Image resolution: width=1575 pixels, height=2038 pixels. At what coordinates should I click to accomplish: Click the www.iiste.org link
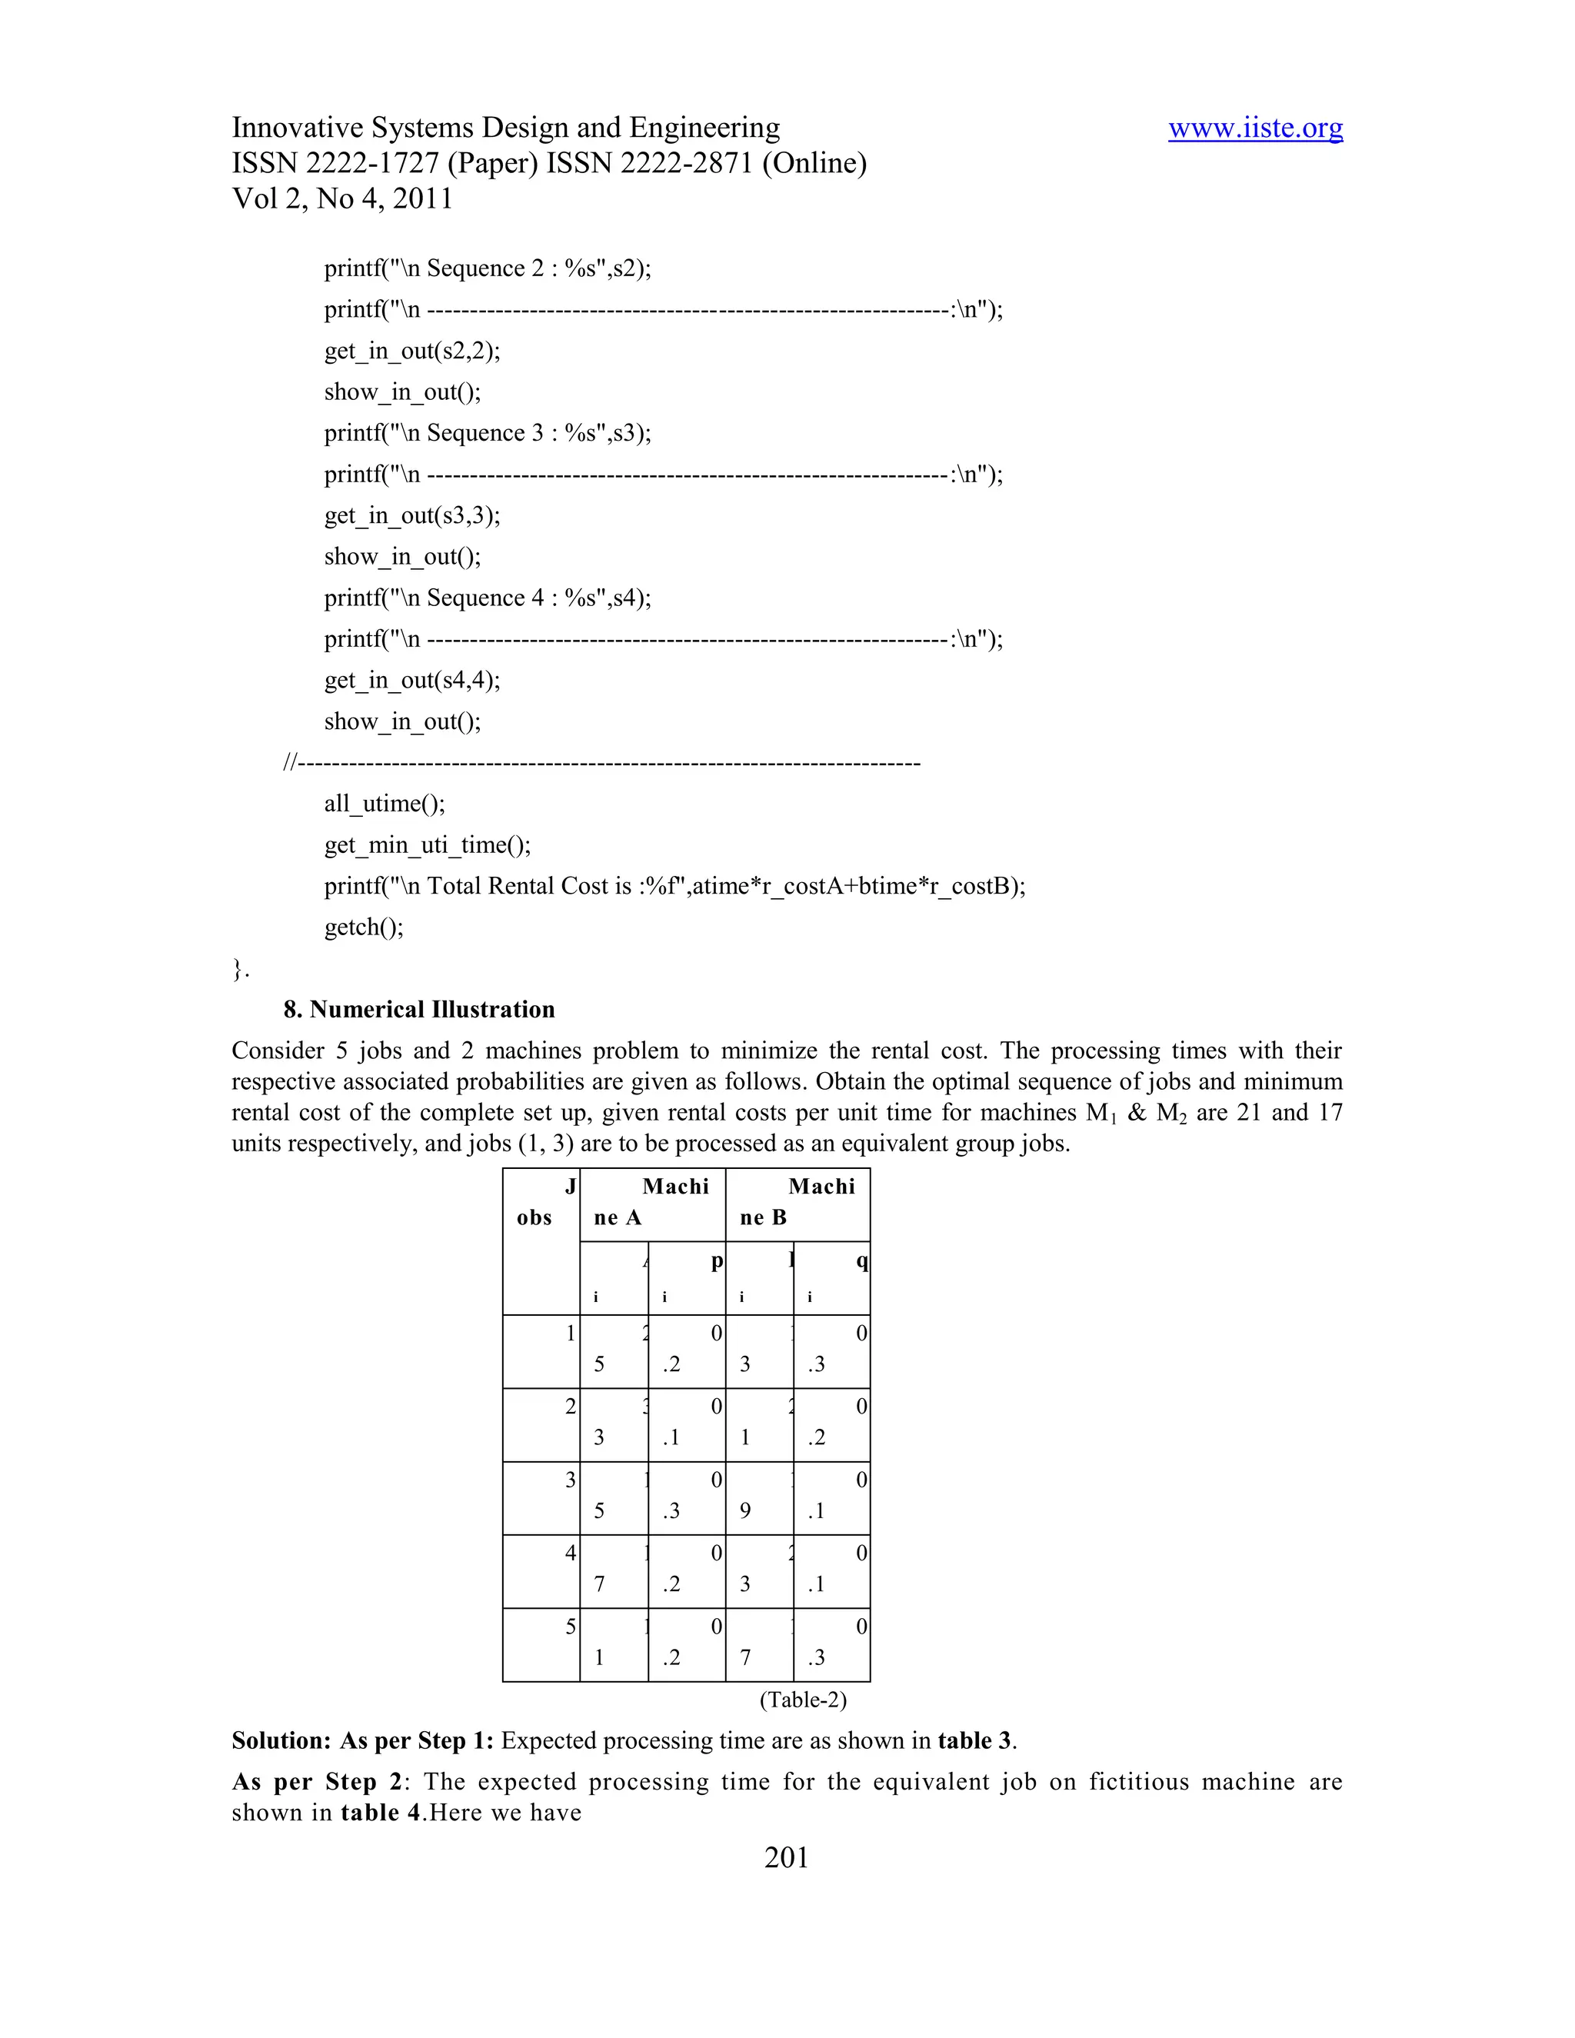1255,128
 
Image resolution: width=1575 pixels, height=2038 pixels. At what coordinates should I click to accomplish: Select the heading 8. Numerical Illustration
419,1009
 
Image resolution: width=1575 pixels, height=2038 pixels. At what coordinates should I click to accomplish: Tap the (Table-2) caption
802,1700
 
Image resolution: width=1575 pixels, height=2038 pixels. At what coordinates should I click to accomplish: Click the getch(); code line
364,927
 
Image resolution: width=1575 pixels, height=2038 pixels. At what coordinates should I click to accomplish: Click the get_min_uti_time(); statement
428,844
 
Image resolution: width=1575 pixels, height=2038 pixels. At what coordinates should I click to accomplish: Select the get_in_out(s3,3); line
411,515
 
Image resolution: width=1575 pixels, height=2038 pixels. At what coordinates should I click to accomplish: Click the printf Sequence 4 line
487,598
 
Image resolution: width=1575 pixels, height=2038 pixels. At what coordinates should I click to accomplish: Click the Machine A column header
652,1202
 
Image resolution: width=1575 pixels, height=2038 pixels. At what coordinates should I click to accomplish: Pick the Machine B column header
797,1202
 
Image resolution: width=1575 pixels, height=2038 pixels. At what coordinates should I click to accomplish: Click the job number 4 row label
569,1553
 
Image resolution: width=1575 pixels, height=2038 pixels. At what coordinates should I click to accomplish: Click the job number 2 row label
569,1407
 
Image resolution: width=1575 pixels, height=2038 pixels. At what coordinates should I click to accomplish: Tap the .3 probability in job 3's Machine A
672,1510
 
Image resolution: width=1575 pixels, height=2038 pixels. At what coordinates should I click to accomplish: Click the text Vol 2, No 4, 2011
341,198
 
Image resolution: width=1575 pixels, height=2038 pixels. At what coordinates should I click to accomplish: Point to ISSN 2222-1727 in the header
336,163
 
